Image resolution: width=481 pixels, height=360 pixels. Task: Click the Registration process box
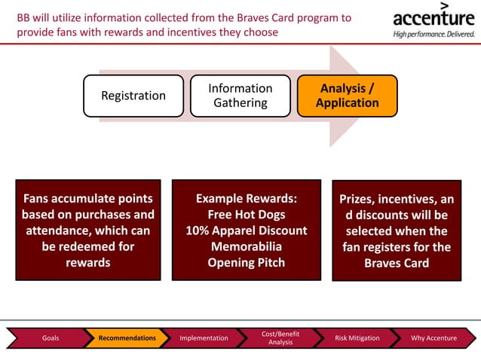pos(133,96)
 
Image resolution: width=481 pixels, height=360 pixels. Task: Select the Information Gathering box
pos(240,96)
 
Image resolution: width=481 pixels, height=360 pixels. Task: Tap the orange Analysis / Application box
pos(347,96)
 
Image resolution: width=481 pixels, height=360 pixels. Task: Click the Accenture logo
pos(433,17)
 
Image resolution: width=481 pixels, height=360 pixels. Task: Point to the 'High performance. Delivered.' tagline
pos(433,34)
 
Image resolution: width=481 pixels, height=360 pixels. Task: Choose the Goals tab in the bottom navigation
pos(50,338)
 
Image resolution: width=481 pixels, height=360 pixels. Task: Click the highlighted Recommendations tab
pos(127,338)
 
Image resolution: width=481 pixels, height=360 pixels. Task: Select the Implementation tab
pos(204,338)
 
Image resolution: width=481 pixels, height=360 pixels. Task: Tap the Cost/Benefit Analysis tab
pos(280,338)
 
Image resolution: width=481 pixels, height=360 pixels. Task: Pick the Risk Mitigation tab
pos(357,338)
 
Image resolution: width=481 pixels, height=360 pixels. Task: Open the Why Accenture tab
pos(434,338)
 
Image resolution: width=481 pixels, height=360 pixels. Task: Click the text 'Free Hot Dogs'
pos(247,215)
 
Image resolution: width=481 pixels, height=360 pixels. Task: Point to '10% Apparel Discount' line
pos(247,230)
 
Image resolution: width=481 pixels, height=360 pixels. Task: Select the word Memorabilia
pos(247,246)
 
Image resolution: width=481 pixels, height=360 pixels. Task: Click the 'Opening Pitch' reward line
pos(247,263)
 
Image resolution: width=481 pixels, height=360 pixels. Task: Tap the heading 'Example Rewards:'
pos(247,199)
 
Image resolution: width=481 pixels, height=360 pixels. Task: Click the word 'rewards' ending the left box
pos(87,263)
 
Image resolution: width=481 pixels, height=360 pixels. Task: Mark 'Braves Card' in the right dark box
pos(396,263)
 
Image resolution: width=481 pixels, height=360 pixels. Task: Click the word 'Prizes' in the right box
pos(360,200)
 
